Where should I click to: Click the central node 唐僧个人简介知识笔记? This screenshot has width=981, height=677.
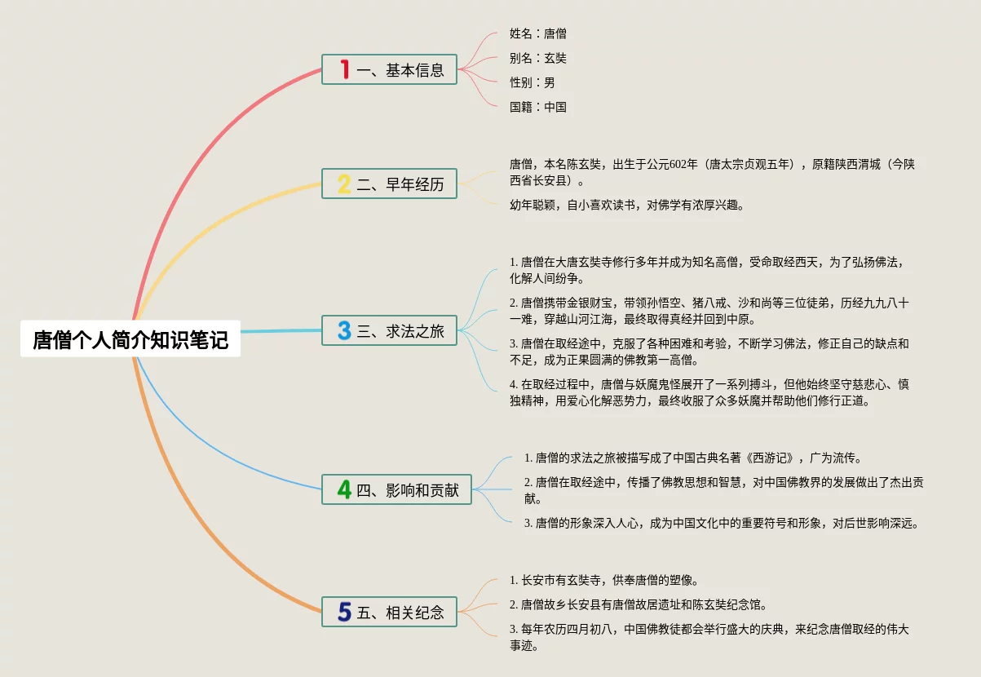130,339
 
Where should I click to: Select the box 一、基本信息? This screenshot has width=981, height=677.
389,70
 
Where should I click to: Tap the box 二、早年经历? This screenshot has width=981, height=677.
389,184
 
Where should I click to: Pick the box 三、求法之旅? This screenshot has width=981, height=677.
389,330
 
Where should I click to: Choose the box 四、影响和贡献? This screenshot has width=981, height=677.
396,489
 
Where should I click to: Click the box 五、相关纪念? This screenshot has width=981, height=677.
389,612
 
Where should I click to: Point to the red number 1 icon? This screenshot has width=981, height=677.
345,70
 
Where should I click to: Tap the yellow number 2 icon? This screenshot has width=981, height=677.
345,184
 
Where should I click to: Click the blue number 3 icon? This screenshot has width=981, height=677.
345,330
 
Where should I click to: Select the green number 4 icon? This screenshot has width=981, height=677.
345,489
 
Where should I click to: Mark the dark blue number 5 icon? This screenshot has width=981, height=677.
345,612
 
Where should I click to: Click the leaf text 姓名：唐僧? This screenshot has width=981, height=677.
537,33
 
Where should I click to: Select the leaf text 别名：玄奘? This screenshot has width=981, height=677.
537,58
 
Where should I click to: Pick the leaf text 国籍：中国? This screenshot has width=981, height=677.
537,107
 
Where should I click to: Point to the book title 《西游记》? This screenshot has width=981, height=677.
773,458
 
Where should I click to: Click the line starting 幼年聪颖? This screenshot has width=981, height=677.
626,205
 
